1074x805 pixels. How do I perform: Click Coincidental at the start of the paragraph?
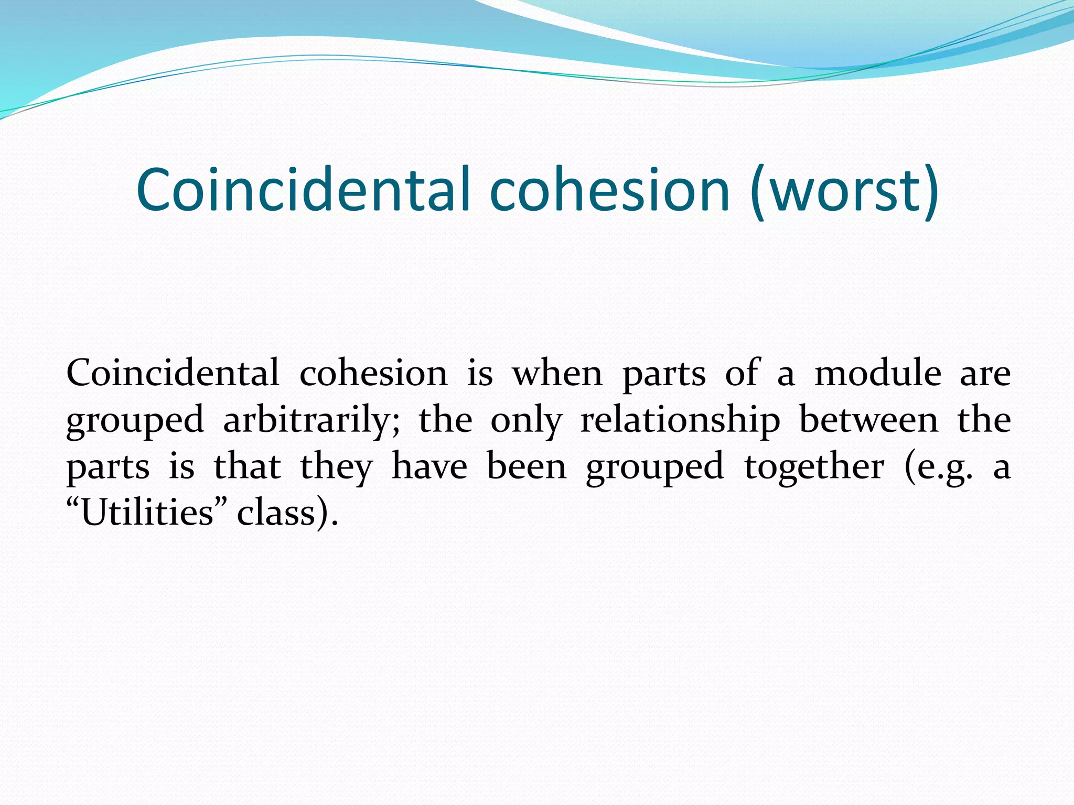click(x=173, y=373)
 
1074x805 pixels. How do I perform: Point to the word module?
click(x=877, y=373)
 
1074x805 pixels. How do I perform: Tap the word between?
click(x=868, y=420)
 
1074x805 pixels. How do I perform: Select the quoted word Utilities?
click(x=147, y=513)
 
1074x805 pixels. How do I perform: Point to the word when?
click(x=557, y=373)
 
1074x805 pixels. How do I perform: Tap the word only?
click(x=526, y=420)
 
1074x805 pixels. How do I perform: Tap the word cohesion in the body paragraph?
click(x=373, y=373)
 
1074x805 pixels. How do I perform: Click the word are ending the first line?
click(x=985, y=374)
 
